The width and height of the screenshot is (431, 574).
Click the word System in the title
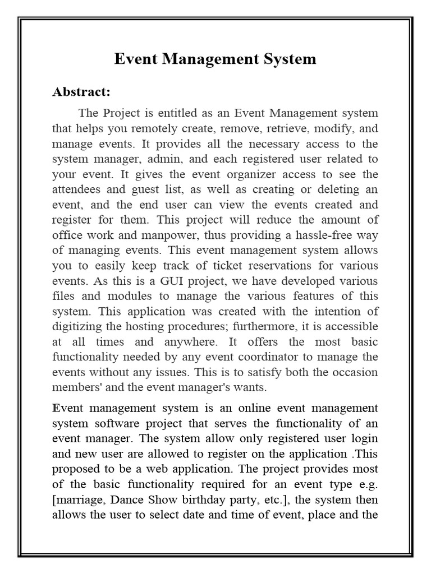coord(288,59)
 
